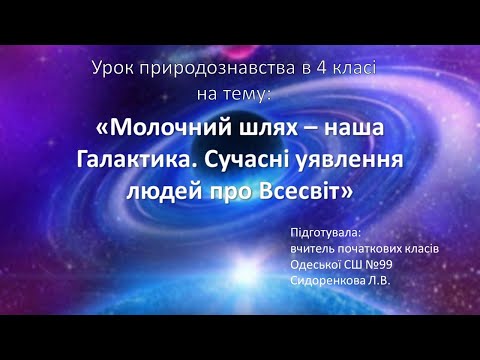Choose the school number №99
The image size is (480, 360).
tap(384, 264)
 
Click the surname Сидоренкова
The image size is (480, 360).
tap(326, 280)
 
